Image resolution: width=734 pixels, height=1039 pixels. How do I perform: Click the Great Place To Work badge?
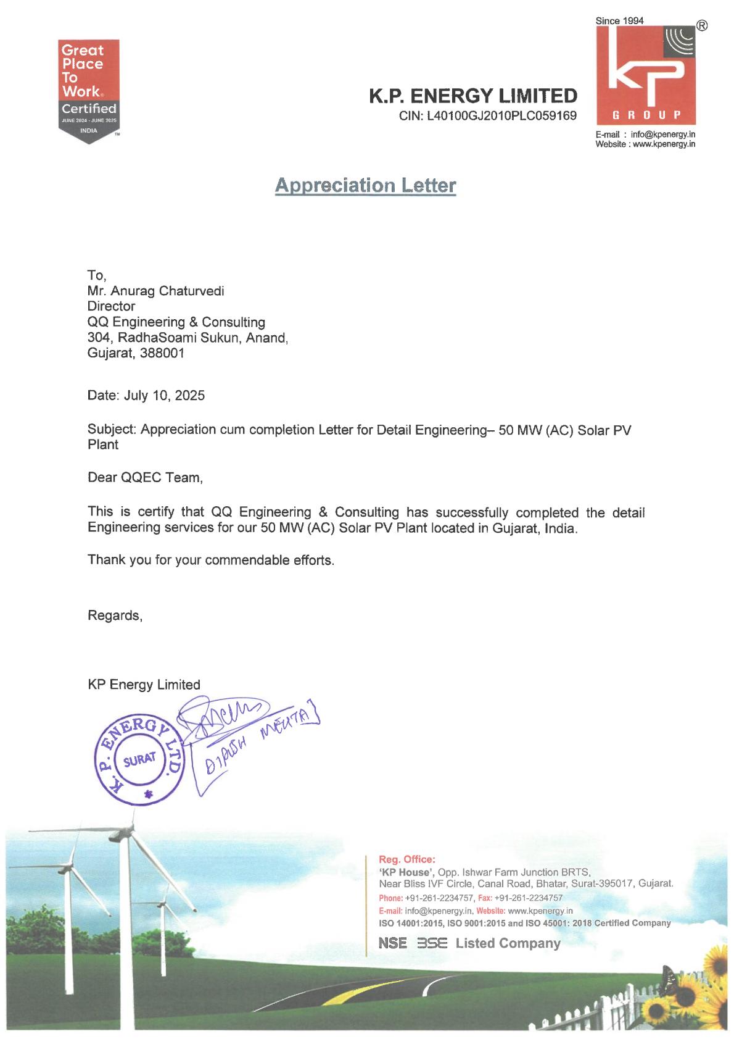pos(88,91)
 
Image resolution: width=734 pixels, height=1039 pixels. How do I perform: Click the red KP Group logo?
pos(645,75)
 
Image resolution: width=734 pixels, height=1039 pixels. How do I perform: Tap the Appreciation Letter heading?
pos(365,185)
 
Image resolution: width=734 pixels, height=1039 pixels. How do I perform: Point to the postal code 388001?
pos(162,354)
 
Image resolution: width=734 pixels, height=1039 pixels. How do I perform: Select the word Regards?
pos(114,615)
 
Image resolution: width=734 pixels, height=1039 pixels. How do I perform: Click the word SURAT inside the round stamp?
pos(139,759)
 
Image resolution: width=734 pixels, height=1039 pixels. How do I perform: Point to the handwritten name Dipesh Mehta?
pos(257,743)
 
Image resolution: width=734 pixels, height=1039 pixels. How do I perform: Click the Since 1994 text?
pos(619,21)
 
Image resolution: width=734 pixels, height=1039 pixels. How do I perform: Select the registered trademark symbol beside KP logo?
pos(701,26)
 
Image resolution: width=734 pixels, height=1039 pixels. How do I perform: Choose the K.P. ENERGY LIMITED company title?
pos(472,96)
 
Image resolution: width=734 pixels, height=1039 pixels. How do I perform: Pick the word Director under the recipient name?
pos(111,306)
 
